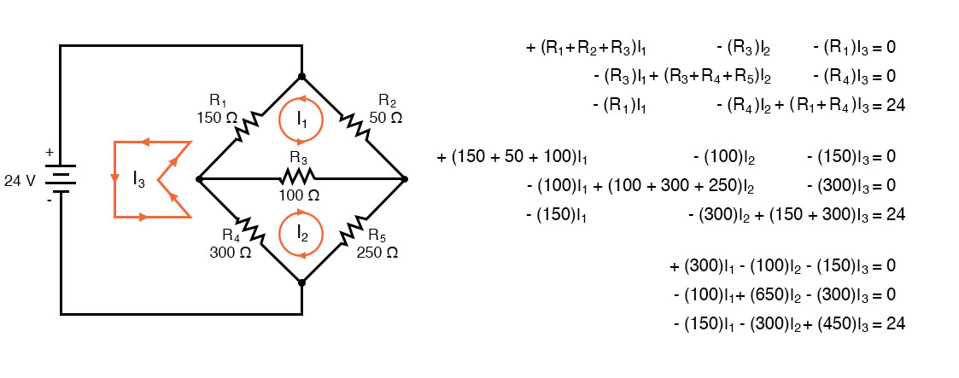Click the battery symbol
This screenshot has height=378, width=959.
61,179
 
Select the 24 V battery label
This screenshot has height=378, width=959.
20,180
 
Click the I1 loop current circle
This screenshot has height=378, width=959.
301,120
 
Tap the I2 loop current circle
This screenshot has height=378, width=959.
301,232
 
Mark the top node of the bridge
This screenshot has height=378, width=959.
301,77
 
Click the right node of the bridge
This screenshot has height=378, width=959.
404,179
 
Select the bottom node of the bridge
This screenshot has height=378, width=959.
301,282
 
